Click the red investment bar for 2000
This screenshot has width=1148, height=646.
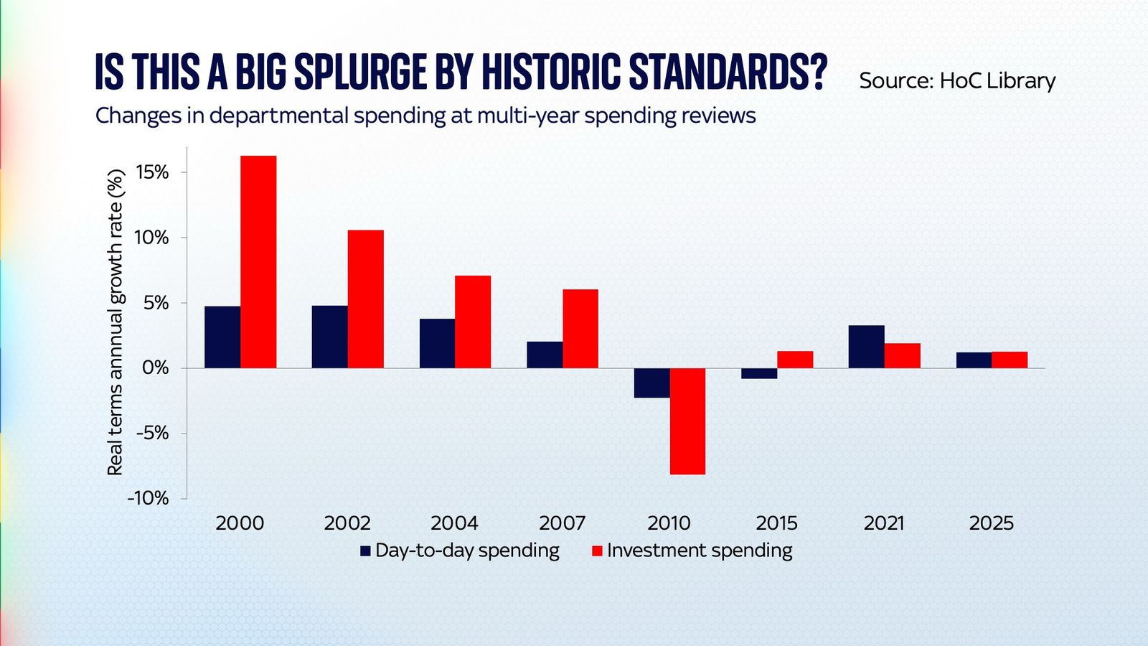point(258,262)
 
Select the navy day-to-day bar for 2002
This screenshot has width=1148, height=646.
point(329,337)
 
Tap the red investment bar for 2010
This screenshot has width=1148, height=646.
point(687,421)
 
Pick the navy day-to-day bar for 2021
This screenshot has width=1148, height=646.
point(866,347)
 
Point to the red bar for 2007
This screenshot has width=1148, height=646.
point(580,329)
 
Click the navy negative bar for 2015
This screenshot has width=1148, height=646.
point(759,373)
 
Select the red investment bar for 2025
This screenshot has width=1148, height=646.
point(1010,360)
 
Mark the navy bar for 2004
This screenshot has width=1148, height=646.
point(437,343)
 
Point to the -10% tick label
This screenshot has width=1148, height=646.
point(148,498)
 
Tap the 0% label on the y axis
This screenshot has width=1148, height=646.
point(155,368)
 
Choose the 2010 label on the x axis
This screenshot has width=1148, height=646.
point(669,523)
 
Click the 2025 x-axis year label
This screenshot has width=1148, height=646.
point(991,523)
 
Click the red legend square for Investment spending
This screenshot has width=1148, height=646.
point(597,551)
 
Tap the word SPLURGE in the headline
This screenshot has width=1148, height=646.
point(359,72)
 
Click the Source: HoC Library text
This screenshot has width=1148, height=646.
point(956,80)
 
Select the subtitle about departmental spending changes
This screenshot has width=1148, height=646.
point(425,116)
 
